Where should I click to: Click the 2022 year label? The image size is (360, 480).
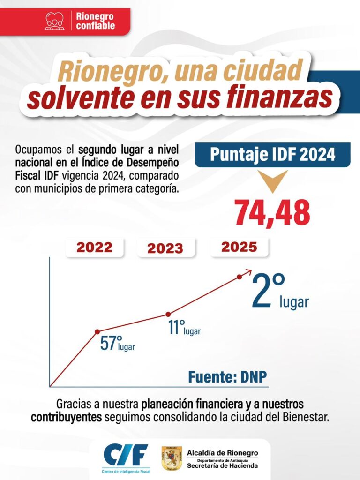pos(95,247)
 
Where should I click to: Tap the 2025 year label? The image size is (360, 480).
pos(239,247)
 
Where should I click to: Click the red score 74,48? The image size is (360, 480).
pos(272,212)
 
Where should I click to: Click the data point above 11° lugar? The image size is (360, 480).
pos(168,314)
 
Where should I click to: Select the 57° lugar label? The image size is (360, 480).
pos(117,344)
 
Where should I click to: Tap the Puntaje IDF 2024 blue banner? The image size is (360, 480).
pos(272,155)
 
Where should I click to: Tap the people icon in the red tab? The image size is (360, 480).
pos(55,21)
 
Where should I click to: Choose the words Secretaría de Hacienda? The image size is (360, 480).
pos(222,465)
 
